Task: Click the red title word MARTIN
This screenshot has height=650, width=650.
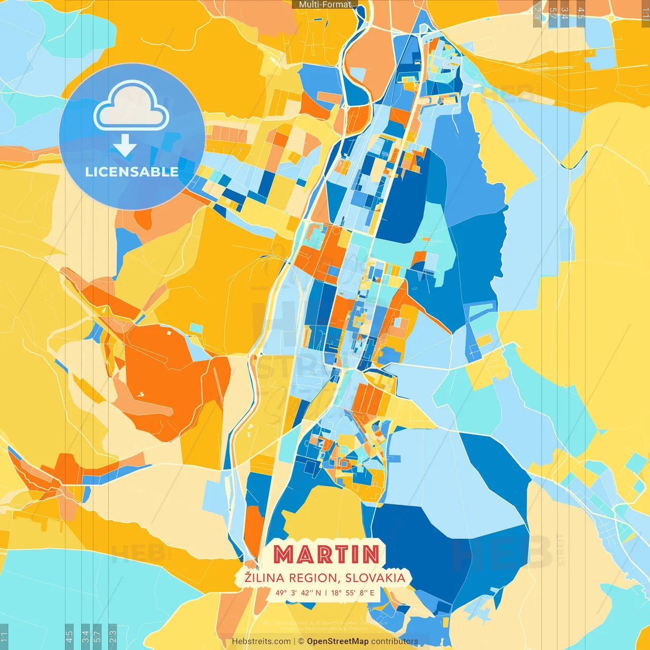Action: pos(326,554)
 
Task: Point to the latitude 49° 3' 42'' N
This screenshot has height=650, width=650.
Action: pos(298,593)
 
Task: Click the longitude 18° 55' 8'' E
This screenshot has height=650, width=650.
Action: pos(353,593)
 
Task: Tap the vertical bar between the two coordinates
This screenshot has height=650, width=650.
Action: pos(326,593)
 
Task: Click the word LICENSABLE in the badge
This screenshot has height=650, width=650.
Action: pos(132,172)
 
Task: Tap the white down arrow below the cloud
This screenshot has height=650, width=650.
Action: pos(125,146)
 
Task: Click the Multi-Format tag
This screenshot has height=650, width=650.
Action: pos(325,5)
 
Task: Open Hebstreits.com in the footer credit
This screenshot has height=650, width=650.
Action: pos(261,641)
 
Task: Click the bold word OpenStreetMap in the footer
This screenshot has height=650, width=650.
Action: pos(338,641)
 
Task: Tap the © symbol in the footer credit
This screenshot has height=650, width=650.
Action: pos(301,641)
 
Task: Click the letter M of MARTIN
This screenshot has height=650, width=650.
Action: pos(285,554)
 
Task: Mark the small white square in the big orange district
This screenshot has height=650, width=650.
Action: pos(169,333)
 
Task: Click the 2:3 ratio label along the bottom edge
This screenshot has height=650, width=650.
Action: pos(113,636)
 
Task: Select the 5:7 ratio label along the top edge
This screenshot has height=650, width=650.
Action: pos(552,13)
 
